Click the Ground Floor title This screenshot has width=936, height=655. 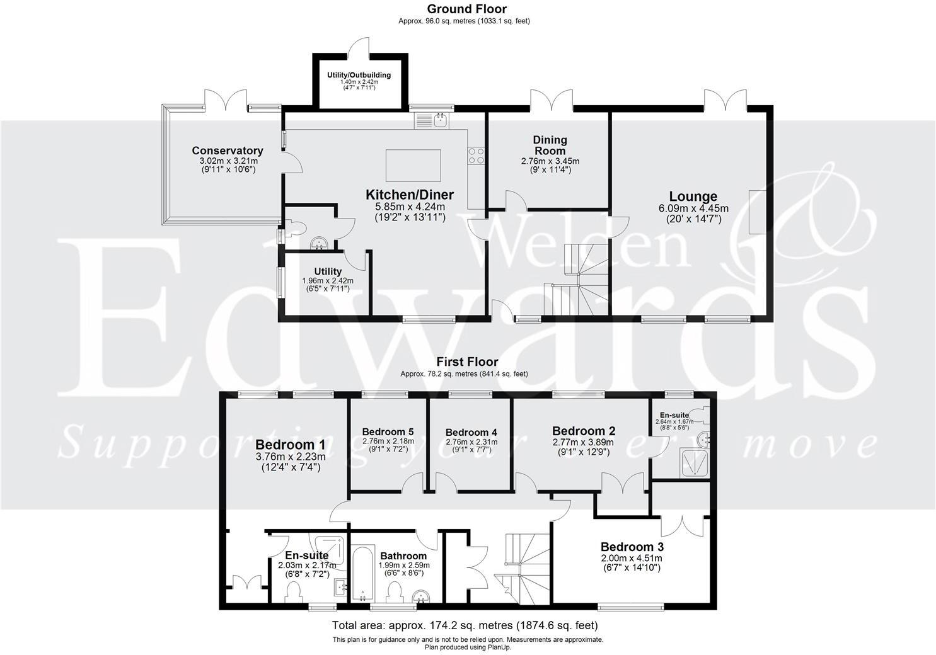[466, 9]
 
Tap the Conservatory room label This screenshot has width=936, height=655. [228, 151]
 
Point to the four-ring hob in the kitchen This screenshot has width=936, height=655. [477, 156]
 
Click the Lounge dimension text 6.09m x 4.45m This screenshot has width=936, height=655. [693, 208]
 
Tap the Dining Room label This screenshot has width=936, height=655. [550, 145]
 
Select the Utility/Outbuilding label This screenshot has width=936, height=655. [359, 75]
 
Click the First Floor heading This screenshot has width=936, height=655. [467, 362]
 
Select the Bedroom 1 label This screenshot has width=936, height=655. [291, 444]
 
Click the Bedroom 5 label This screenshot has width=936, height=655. [388, 431]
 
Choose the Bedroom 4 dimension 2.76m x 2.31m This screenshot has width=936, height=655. [471, 442]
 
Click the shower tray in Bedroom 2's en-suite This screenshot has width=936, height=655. [696, 463]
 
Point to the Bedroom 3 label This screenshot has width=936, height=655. [632, 547]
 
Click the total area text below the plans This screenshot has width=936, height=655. [465, 625]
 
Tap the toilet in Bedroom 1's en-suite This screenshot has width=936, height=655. [293, 592]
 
